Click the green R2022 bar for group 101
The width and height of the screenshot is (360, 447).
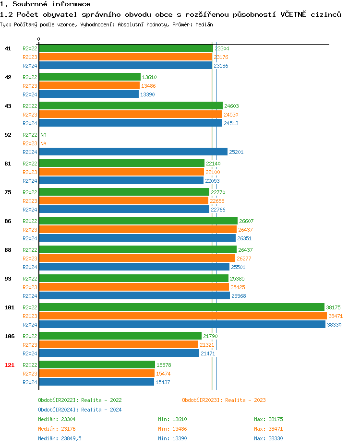(x=181, y=307)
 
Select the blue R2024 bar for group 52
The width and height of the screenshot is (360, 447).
(x=133, y=152)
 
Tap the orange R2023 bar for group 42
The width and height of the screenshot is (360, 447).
(x=89, y=85)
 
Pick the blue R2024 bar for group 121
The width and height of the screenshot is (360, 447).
(x=96, y=382)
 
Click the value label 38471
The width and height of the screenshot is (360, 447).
(x=336, y=316)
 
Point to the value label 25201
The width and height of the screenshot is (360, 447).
(x=236, y=152)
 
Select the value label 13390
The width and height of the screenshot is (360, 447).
(x=147, y=94)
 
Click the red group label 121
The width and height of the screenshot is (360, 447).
(x=9, y=365)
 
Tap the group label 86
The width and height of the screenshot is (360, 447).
(x=8, y=221)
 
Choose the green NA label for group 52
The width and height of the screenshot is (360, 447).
(x=43, y=135)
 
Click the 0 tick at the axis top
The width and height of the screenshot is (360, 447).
(x=39, y=39)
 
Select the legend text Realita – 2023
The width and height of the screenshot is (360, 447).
(x=245, y=400)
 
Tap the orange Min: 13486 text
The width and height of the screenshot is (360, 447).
(x=172, y=429)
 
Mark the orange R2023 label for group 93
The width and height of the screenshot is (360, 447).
(x=30, y=287)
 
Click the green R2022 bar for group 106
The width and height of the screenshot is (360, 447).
(x=120, y=336)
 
